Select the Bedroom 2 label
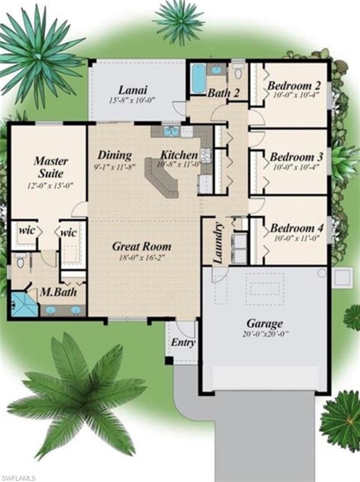[294, 85]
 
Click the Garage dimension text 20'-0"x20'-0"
[263, 335]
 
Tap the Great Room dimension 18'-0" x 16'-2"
[141, 257]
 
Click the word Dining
[115, 155]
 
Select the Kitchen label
[179, 155]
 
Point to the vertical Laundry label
[218, 243]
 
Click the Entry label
[183, 343]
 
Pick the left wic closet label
[26, 230]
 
